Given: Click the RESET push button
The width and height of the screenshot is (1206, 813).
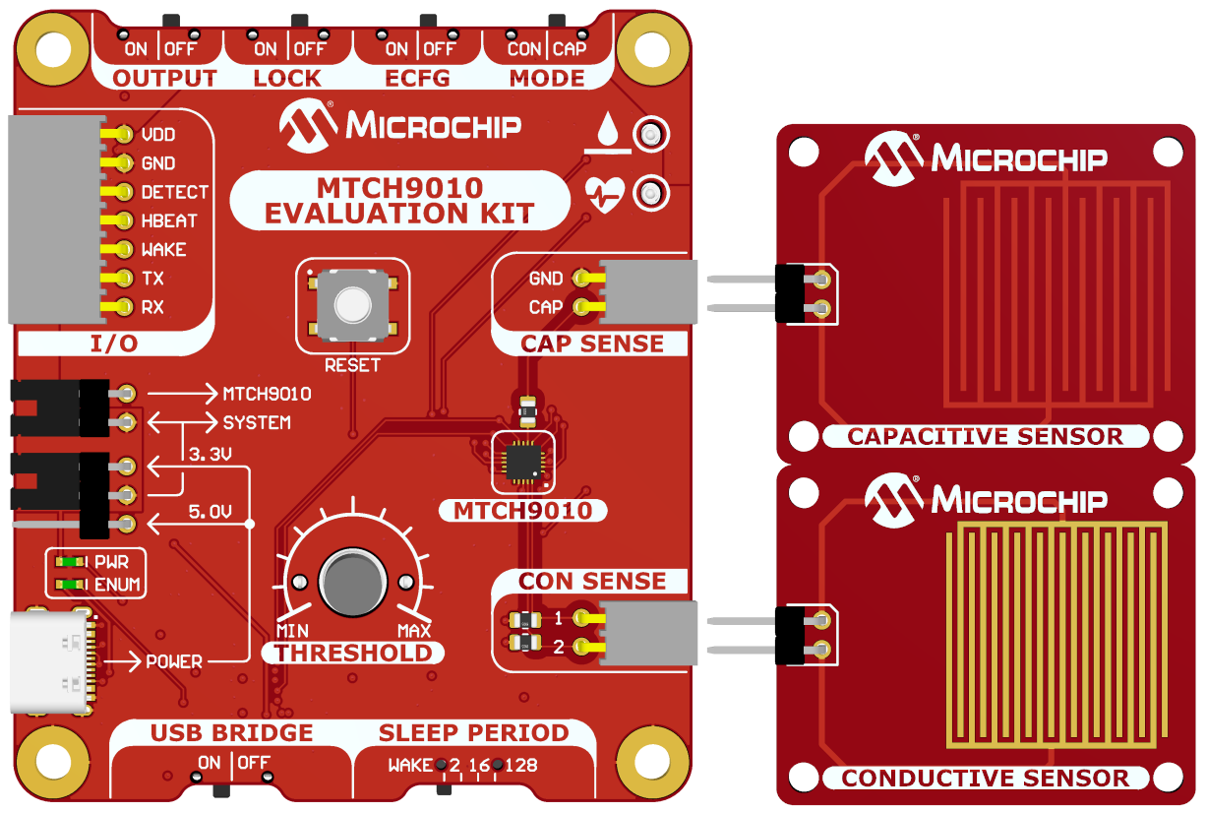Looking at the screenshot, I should (352, 305).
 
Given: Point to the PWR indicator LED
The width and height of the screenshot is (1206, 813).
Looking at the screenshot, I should (70, 562).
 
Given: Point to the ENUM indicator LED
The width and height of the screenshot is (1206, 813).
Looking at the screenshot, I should (70, 585).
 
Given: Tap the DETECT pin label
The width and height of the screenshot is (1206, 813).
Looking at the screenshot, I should (174, 192).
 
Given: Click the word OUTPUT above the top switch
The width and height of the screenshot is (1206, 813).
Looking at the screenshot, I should (164, 79).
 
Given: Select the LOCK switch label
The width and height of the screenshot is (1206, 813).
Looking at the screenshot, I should (287, 79).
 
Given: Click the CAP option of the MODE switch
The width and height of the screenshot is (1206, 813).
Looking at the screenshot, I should (570, 48).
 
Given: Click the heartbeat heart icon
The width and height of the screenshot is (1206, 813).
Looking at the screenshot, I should (604, 193).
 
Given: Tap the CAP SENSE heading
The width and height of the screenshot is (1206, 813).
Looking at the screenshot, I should (592, 344).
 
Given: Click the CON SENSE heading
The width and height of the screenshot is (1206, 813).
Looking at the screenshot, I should (592, 581).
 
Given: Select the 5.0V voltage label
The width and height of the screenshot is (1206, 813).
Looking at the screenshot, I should (210, 512).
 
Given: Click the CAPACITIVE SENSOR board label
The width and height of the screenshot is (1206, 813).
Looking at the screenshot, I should (985, 436).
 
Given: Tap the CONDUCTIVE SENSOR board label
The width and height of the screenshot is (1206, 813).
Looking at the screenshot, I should (985, 779).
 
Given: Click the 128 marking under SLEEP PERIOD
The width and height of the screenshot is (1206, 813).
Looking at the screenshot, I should (521, 765).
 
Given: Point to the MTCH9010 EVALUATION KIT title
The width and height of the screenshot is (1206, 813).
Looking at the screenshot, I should (399, 200).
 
